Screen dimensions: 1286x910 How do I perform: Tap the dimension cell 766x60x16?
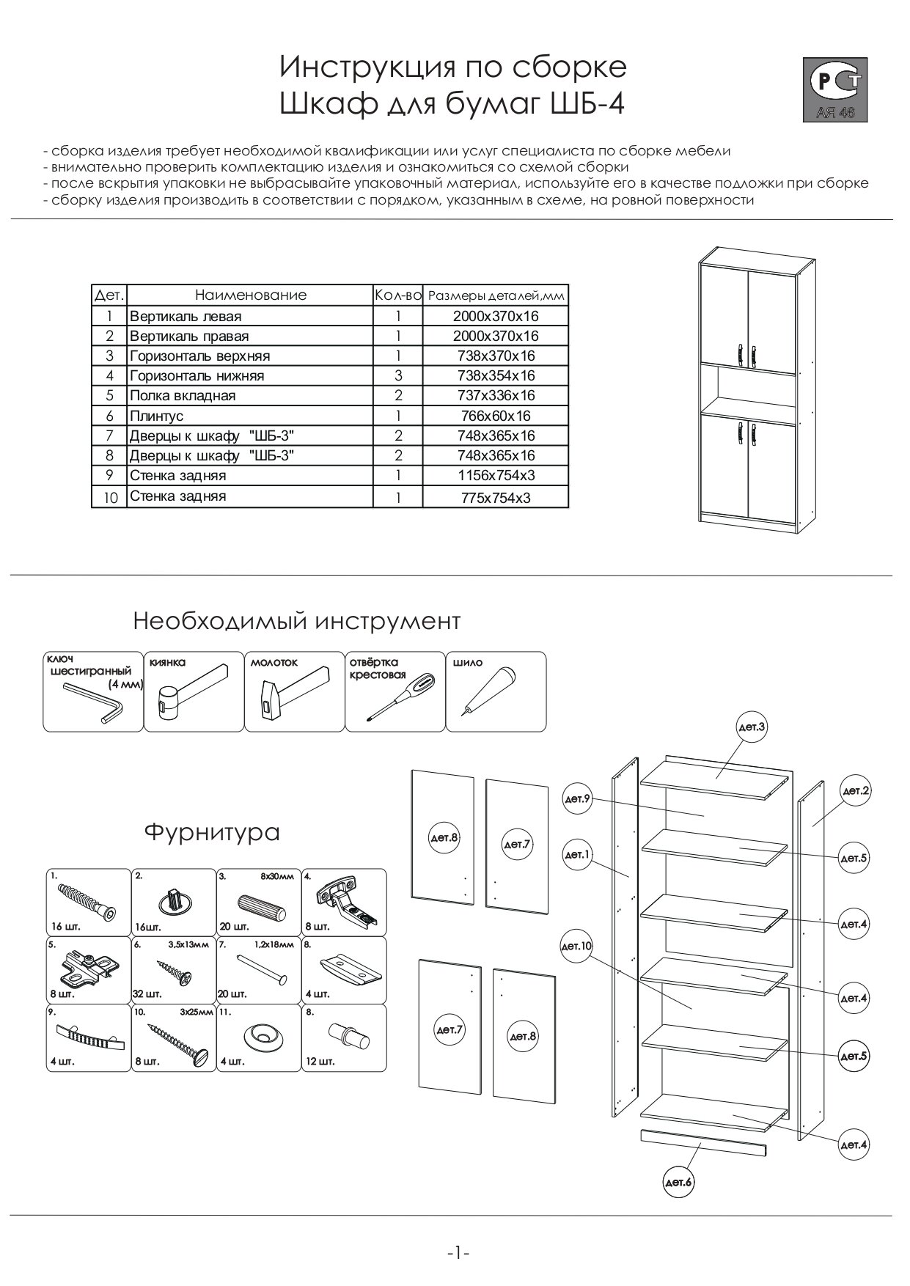(x=496, y=416)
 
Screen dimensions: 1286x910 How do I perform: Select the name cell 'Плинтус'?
(x=156, y=416)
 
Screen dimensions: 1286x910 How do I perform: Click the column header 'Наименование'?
(x=250, y=295)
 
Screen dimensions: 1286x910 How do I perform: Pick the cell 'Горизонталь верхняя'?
(x=199, y=356)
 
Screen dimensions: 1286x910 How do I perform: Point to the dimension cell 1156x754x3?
(x=496, y=475)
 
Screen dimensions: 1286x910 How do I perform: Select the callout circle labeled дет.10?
(x=576, y=947)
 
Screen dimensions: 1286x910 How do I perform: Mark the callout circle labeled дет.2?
(x=855, y=791)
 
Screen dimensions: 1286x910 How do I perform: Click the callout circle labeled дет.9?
(x=577, y=799)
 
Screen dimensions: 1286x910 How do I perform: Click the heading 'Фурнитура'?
(x=212, y=833)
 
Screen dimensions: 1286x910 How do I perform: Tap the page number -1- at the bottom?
(x=458, y=1253)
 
